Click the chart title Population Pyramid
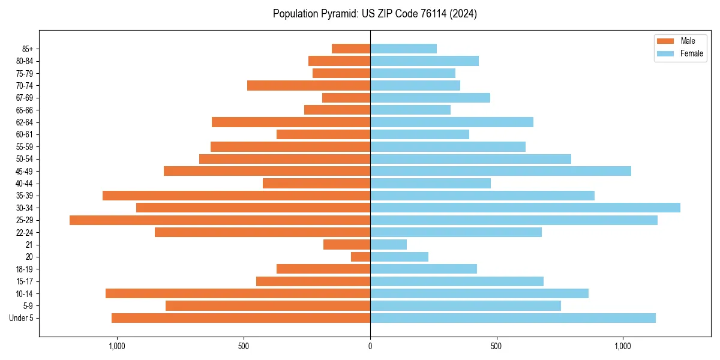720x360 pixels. tap(374, 14)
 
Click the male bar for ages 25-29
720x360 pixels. tap(220, 220)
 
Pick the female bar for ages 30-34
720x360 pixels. tap(525, 208)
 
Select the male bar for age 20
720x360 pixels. tap(361, 257)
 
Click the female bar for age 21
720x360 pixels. tap(388, 245)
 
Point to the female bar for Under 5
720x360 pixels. tap(512, 318)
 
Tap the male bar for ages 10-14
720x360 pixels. tap(238, 293)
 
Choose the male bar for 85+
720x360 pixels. tap(351, 49)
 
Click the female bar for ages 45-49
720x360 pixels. tap(500, 171)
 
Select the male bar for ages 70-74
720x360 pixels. tap(308, 85)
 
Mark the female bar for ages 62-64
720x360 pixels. tap(451, 122)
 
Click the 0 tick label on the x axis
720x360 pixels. tap(370, 346)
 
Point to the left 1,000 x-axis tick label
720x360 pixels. tap(116, 346)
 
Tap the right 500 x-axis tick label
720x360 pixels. tap(496, 346)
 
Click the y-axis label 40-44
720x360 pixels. tap(24, 184)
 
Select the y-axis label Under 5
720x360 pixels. tap(22, 318)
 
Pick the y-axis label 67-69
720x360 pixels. tap(24, 98)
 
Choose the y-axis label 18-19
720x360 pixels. tap(24, 269)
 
